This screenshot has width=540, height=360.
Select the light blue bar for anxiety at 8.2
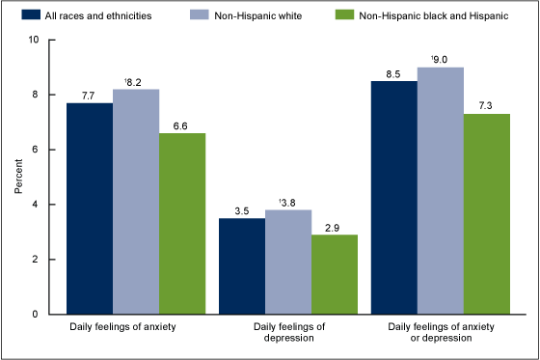click(x=136, y=202)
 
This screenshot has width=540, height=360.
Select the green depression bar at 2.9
click(x=335, y=274)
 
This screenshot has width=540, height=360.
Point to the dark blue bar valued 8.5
click(x=395, y=198)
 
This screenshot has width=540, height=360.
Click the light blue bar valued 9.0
click(x=442, y=191)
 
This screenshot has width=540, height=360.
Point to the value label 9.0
click(x=441, y=60)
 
